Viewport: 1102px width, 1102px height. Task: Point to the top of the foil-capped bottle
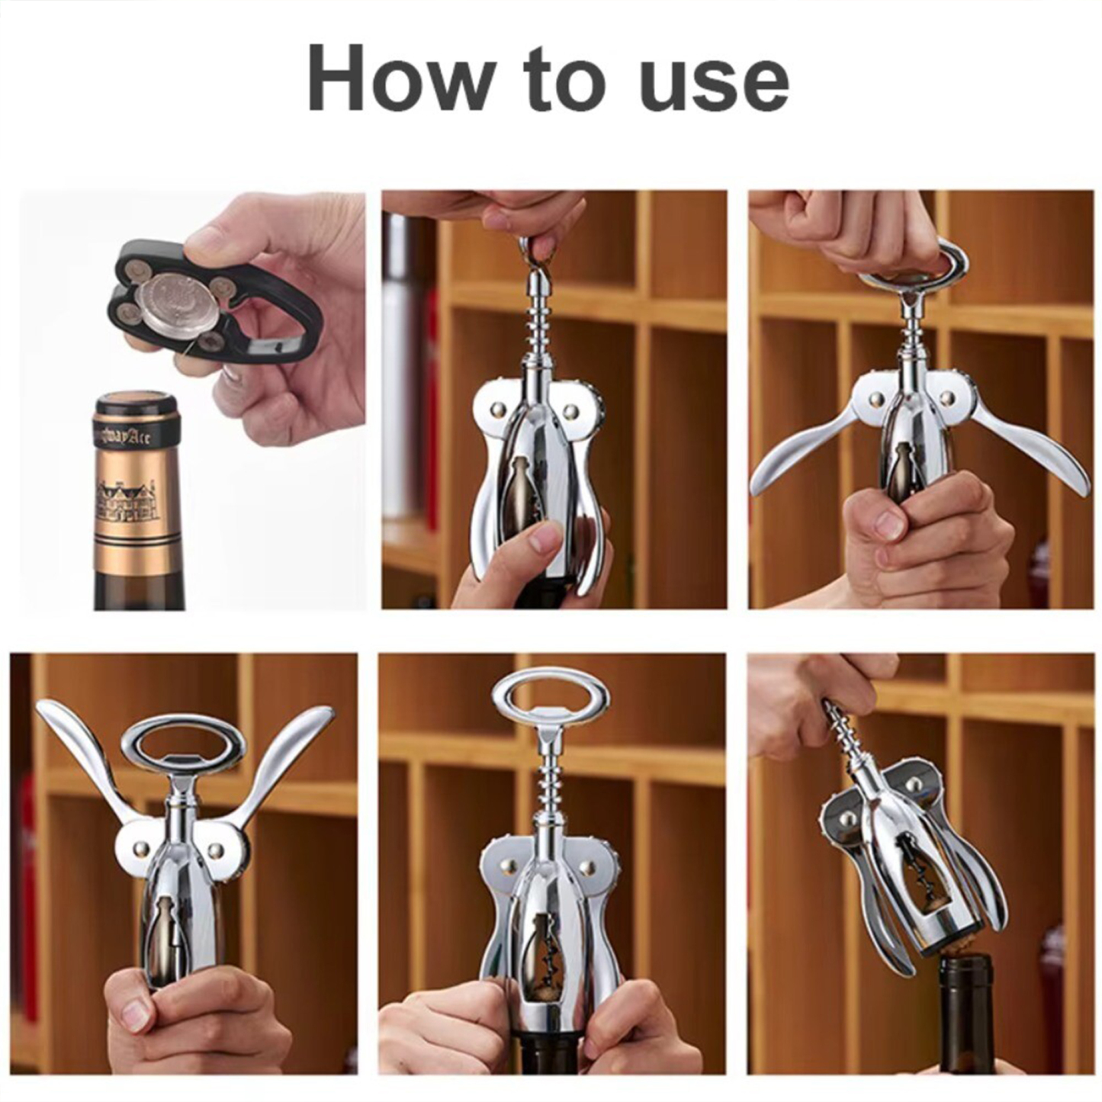click(135, 402)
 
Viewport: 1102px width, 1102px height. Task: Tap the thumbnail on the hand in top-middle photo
click(546, 540)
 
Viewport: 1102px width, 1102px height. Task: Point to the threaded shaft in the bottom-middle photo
click(549, 786)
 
